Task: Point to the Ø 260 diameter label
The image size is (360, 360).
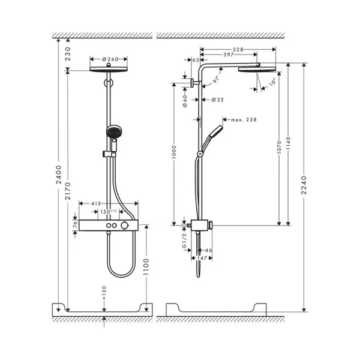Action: pyautogui.click(x=110, y=59)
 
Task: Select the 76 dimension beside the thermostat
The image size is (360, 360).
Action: pyautogui.click(x=75, y=223)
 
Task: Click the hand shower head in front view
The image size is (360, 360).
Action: pyautogui.click(x=110, y=131)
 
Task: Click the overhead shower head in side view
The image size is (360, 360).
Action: pyautogui.click(x=256, y=69)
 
